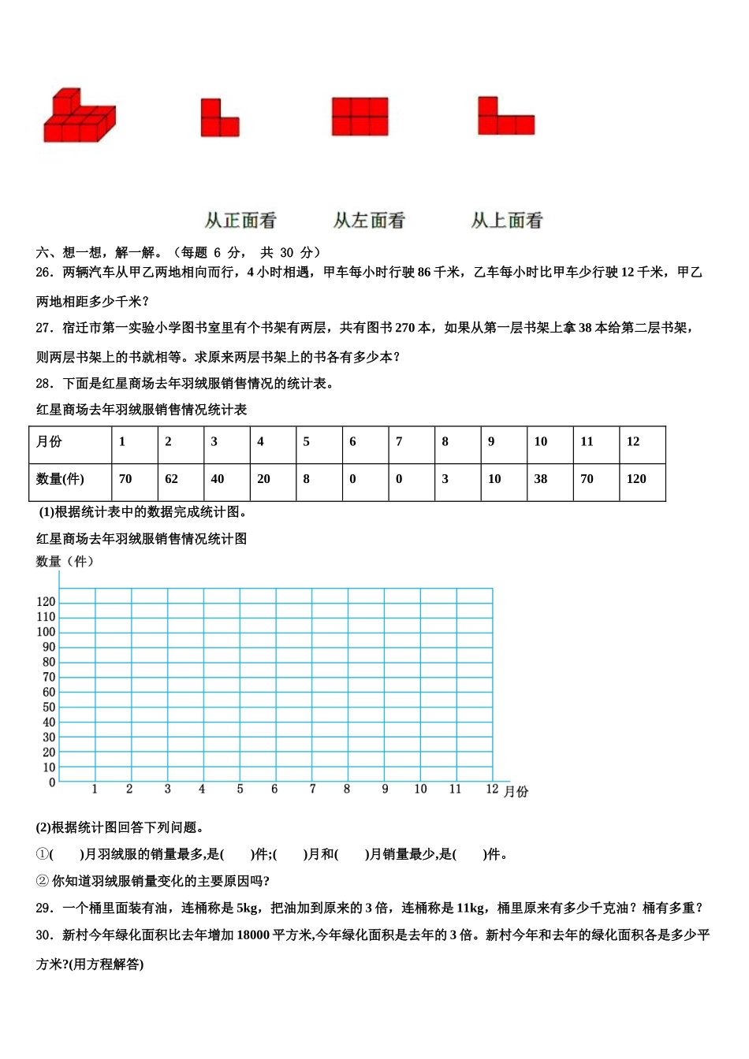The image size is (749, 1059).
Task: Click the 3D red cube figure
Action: (79, 117)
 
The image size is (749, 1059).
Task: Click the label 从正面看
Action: (240, 221)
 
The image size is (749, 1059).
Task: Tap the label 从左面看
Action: (368, 221)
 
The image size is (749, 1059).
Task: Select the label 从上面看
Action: (507, 221)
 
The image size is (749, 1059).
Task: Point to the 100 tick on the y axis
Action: (46, 632)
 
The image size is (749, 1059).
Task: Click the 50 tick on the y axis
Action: (49, 708)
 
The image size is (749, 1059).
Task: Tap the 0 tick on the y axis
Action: (52, 782)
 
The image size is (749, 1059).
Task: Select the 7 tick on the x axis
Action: (312, 789)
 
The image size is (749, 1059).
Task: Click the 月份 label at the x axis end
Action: (516, 791)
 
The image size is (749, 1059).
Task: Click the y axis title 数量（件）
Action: (65, 562)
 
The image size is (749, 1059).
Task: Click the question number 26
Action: (44, 273)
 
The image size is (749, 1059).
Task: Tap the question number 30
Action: (44, 935)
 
